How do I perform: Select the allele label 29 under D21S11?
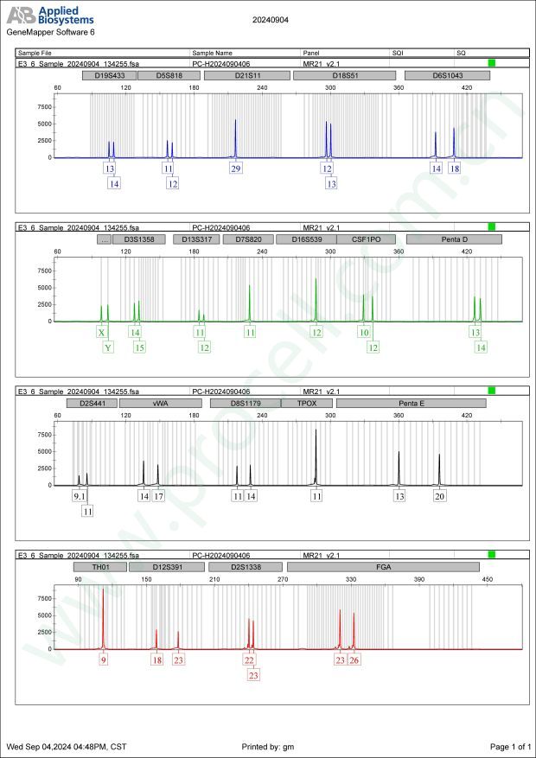click(x=236, y=169)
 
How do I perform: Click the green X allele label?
click(x=101, y=332)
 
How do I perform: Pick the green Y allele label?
click(x=108, y=347)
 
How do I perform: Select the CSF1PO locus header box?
click(x=366, y=239)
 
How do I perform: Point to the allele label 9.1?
click(x=79, y=496)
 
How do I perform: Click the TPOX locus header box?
click(x=308, y=403)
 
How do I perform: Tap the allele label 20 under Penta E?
click(x=440, y=496)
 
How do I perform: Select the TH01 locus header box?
click(x=92, y=566)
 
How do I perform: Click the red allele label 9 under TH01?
click(x=104, y=659)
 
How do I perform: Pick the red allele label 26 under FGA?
click(x=354, y=659)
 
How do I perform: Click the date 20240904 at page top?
click(x=271, y=18)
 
